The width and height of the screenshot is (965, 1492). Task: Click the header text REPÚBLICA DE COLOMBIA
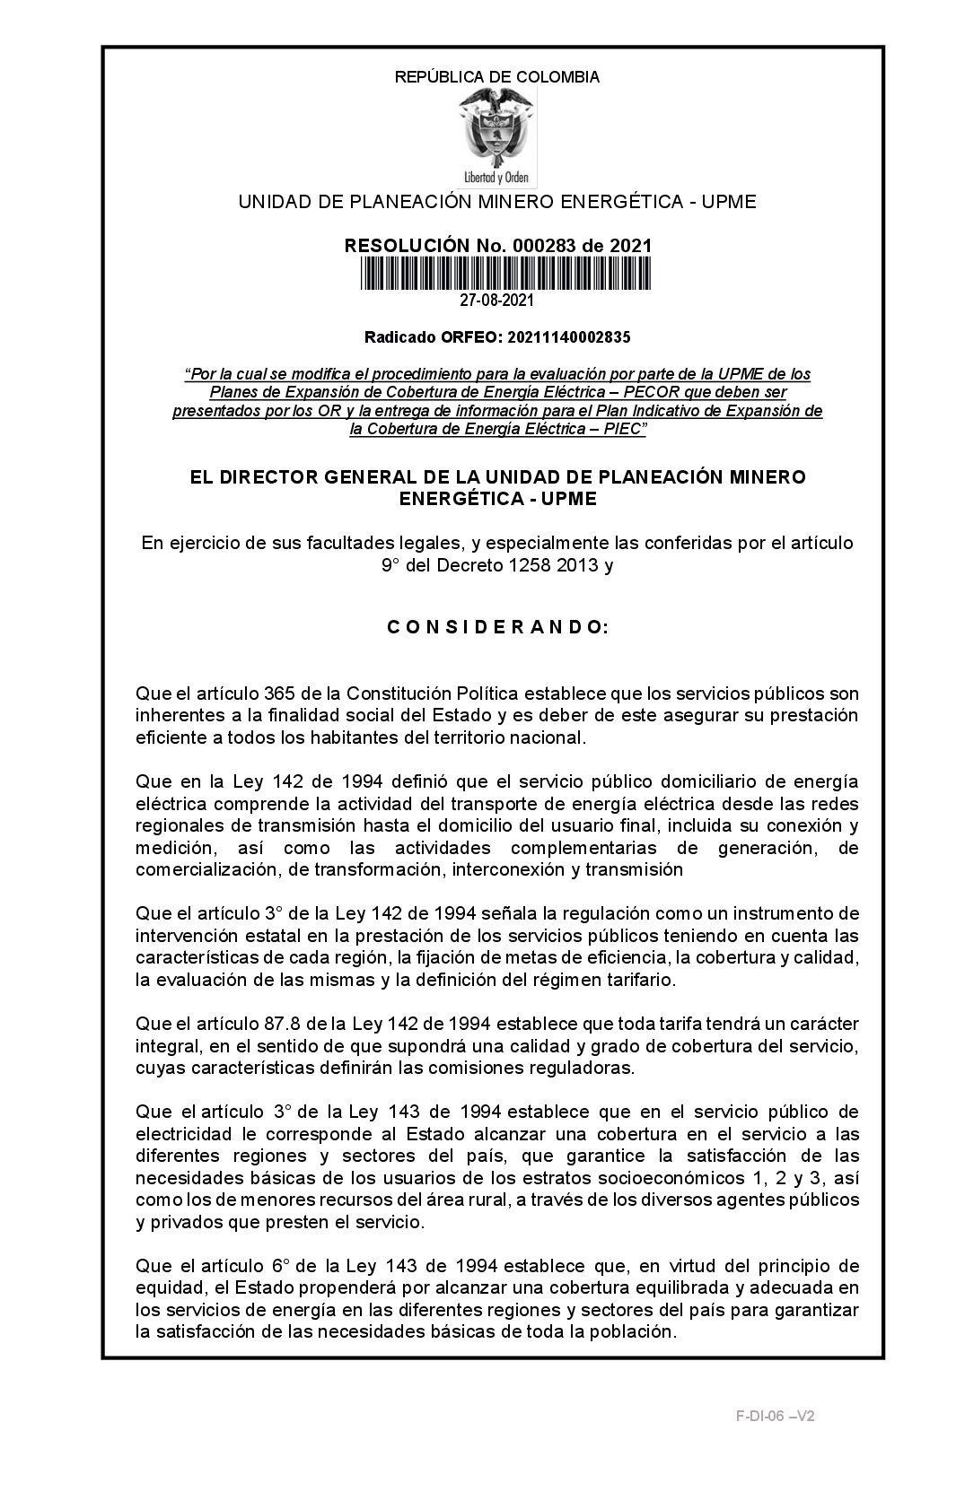496,77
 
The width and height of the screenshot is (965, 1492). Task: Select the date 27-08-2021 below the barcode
497,301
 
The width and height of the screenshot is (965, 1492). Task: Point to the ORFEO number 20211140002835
568,337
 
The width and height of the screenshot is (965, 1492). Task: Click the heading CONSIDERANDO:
497,627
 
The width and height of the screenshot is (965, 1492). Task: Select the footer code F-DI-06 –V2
775,1417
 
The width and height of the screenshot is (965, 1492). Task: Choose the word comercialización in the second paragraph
197,869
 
